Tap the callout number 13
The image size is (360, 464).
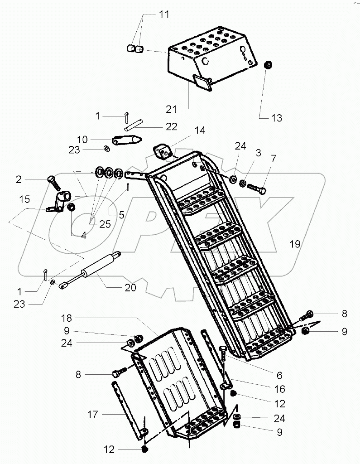(276, 118)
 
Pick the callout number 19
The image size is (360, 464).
(295, 244)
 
